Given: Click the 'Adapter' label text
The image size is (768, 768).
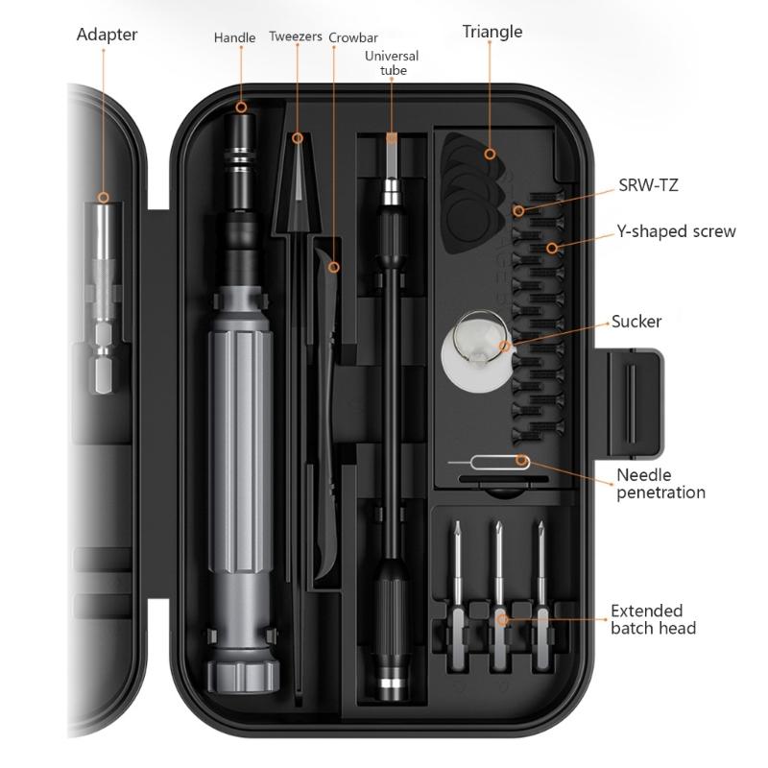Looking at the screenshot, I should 107,35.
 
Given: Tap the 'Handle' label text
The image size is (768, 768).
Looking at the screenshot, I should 234,37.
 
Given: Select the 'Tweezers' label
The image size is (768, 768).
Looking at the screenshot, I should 296,37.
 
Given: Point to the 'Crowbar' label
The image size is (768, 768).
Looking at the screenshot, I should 352,37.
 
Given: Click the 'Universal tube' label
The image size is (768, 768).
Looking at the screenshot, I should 391,63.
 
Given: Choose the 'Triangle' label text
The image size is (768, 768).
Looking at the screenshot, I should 492,32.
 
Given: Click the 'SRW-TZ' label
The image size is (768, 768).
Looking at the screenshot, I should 648,185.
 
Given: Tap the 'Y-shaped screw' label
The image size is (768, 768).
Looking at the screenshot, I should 676,231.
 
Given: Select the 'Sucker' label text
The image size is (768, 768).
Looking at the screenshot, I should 636,321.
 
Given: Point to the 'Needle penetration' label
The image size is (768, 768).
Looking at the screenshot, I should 660,484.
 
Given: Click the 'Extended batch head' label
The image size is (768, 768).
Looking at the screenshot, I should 653,619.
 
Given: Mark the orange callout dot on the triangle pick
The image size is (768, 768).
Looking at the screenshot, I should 490,154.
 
